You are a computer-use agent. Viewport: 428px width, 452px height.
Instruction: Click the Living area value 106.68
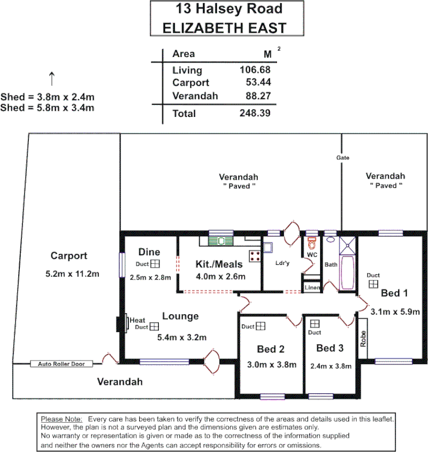click(x=255, y=70)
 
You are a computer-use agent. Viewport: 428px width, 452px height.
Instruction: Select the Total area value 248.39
click(x=255, y=113)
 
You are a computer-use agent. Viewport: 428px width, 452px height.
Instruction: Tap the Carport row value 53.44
click(x=258, y=83)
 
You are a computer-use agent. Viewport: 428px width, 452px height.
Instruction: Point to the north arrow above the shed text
click(x=51, y=78)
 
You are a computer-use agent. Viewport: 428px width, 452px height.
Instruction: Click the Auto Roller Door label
click(x=61, y=364)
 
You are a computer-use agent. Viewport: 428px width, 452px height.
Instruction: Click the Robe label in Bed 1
click(x=364, y=338)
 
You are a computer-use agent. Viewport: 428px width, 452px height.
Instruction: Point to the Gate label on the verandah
click(x=342, y=158)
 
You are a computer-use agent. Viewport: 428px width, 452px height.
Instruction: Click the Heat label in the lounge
click(x=137, y=320)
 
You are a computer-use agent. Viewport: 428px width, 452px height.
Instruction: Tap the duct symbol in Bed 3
click(x=314, y=323)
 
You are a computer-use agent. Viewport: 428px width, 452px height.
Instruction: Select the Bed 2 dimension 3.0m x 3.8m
click(x=272, y=364)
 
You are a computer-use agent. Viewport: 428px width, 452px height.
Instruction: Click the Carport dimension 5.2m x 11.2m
click(x=72, y=274)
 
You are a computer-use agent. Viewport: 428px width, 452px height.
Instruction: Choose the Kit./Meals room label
click(x=219, y=264)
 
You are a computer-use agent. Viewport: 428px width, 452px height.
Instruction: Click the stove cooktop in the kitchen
click(x=254, y=255)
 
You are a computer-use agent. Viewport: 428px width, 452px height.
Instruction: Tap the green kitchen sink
click(x=218, y=241)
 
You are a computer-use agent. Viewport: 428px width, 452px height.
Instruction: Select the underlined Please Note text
click(x=62, y=419)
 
